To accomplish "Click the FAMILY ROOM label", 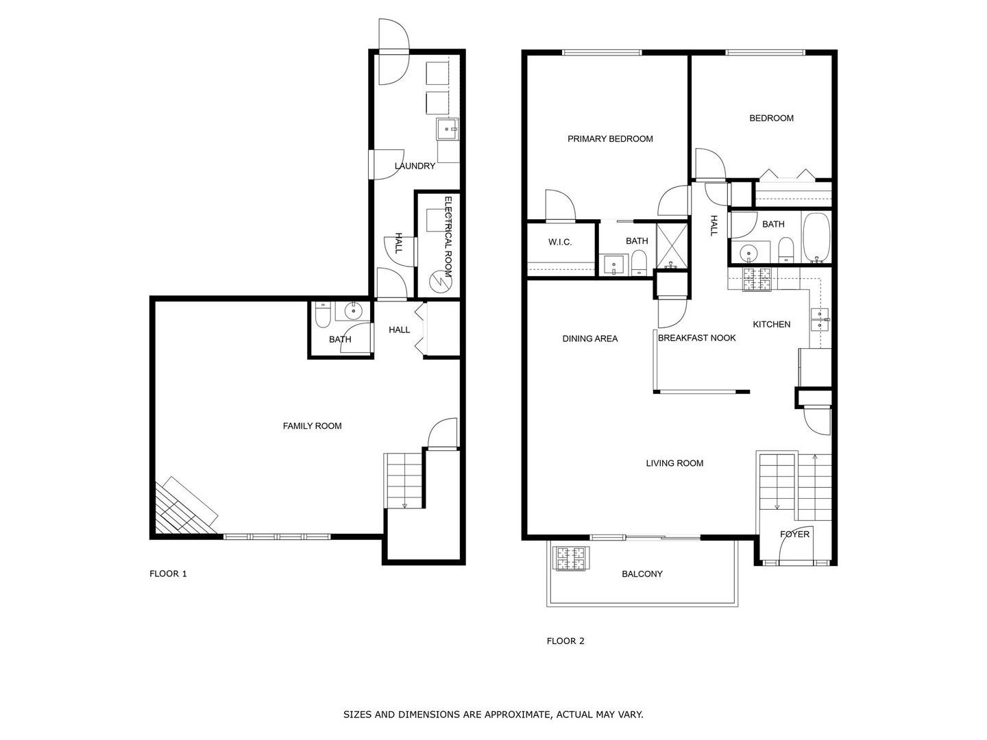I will click(x=312, y=426).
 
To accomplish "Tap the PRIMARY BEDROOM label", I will click(x=610, y=139).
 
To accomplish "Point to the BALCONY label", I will click(x=642, y=574).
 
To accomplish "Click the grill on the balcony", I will click(x=571, y=558).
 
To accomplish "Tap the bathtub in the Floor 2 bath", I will click(x=816, y=238).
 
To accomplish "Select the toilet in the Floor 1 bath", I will click(x=321, y=317).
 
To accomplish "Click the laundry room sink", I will click(x=448, y=127).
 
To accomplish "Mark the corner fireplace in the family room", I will click(x=183, y=508).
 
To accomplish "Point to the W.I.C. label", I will click(x=560, y=242).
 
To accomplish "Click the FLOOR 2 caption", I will click(x=565, y=641).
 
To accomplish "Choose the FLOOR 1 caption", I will click(x=168, y=574).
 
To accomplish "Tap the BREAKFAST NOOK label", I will click(x=696, y=338).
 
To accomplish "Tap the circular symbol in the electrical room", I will click(x=437, y=281).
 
